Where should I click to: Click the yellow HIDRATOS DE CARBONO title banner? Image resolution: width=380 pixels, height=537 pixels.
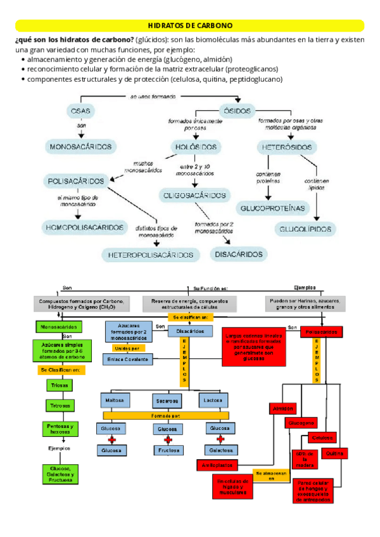[x=190, y=25]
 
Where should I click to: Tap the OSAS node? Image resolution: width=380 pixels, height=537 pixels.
[x=80, y=111]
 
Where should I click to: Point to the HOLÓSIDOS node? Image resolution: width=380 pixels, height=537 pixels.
[x=196, y=147]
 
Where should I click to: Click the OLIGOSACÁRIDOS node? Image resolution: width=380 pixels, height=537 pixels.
[x=193, y=194]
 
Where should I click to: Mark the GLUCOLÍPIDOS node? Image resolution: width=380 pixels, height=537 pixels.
[x=307, y=228]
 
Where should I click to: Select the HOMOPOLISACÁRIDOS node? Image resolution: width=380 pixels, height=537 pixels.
[x=84, y=226]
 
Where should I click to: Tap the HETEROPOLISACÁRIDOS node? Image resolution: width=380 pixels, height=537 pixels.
[x=150, y=255]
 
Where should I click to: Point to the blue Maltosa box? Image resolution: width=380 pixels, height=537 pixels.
[x=115, y=400]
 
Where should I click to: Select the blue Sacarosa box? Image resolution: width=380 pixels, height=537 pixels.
[x=167, y=401]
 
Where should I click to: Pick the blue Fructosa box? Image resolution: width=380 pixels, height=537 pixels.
[x=167, y=451]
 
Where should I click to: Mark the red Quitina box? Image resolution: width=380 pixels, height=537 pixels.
[x=335, y=453]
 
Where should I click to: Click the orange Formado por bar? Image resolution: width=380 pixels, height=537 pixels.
[x=166, y=415]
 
